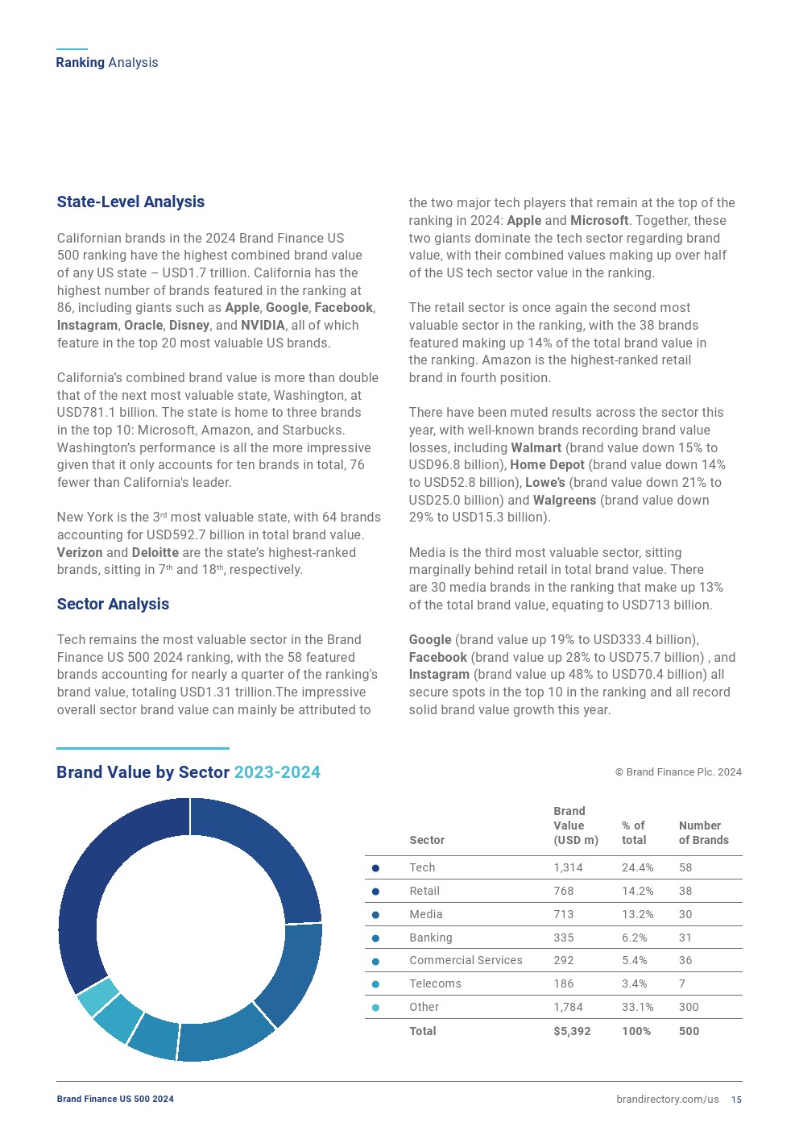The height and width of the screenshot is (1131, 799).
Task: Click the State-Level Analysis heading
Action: point(130,202)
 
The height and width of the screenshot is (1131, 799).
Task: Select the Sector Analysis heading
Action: point(113,604)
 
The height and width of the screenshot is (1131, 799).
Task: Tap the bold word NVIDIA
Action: point(263,325)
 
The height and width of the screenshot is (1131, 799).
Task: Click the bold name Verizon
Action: point(80,552)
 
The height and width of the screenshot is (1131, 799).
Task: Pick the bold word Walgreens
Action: point(565,500)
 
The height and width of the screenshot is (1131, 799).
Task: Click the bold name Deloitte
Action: point(155,552)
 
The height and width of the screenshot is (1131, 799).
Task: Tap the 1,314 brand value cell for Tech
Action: point(568,867)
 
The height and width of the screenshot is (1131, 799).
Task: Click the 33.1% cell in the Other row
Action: point(637,1007)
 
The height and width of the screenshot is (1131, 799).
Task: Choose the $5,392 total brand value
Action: point(572,1031)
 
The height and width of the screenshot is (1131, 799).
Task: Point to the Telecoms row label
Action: point(435,983)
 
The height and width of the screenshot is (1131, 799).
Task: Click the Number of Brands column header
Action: point(703,833)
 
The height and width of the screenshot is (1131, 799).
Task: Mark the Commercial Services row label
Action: point(466,960)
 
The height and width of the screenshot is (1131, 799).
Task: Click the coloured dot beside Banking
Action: point(375,938)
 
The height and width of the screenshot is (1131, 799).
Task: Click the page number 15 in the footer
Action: point(736,1100)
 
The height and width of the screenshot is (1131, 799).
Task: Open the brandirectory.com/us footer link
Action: point(667,1100)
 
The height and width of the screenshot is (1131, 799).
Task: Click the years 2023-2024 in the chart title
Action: point(277,772)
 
